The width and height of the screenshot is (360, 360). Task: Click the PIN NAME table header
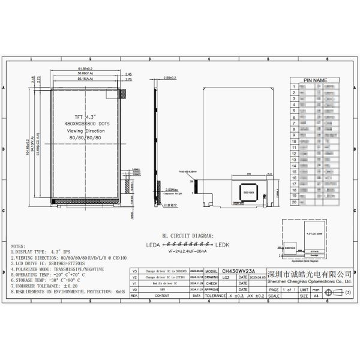pyautogui.click(x=314, y=80)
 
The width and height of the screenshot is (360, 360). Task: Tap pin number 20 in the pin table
pyautogui.click(x=293, y=202)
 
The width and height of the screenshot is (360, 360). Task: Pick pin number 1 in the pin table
pyautogui.click(x=293, y=87)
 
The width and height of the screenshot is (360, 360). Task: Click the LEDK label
pyautogui.click(x=223, y=245)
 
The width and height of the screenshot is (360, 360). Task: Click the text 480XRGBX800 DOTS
pyautogui.click(x=88, y=122)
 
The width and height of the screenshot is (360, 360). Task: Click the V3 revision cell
pyautogui.click(x=134, y=271)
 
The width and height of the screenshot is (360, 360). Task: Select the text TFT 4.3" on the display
pyautogui.click(x=88, y=115)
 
